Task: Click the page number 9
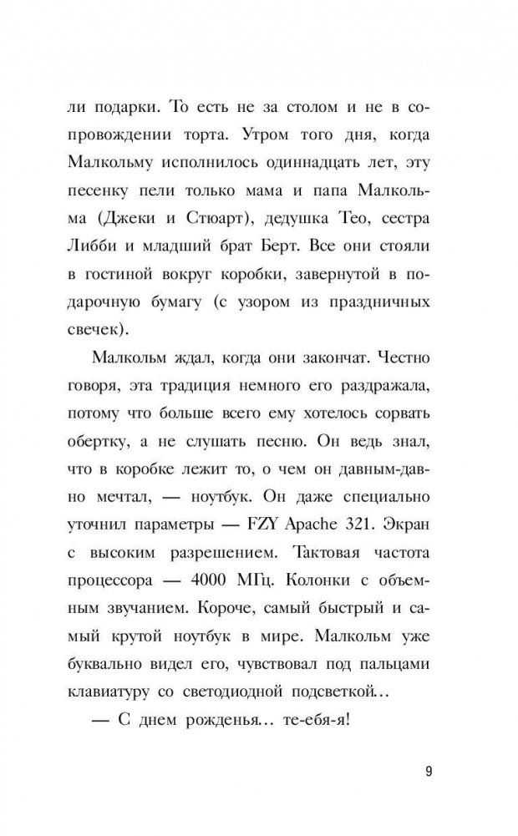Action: pyautogui.click(x=427, y=770)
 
